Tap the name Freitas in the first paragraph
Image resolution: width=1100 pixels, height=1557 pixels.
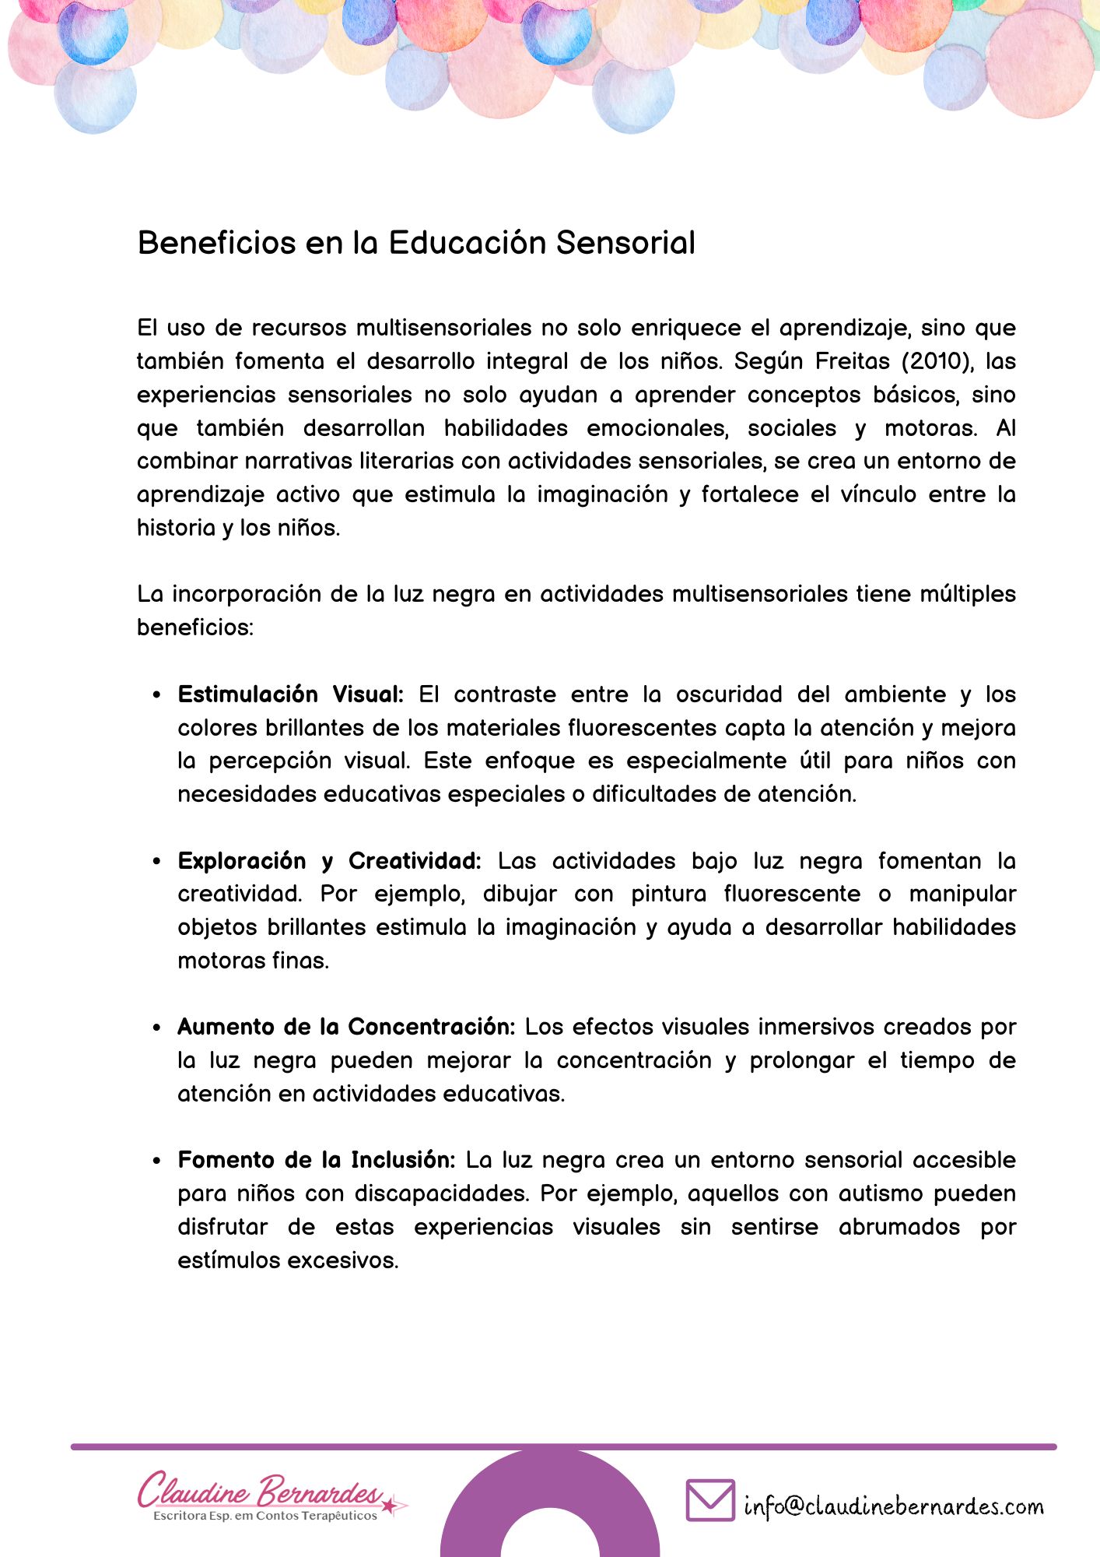853,361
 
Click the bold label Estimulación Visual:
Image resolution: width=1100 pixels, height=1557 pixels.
291,694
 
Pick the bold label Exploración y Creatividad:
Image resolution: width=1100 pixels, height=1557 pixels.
330,861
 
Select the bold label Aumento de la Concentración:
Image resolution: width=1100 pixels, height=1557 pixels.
346,1027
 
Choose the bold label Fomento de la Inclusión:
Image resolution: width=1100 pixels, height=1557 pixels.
317,1160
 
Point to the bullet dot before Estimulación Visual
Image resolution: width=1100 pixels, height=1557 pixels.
157,695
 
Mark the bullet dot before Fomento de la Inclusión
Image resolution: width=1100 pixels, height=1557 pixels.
157,1161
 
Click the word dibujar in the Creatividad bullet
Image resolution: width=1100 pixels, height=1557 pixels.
520,894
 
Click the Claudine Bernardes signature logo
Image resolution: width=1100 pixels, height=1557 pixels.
261,1490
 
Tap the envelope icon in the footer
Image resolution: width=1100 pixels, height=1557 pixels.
710,1499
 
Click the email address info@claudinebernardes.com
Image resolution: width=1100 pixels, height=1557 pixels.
894,1506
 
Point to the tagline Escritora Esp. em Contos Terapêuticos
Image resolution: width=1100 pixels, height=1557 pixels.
265,1516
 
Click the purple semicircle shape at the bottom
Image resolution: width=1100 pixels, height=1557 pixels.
475,1518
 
